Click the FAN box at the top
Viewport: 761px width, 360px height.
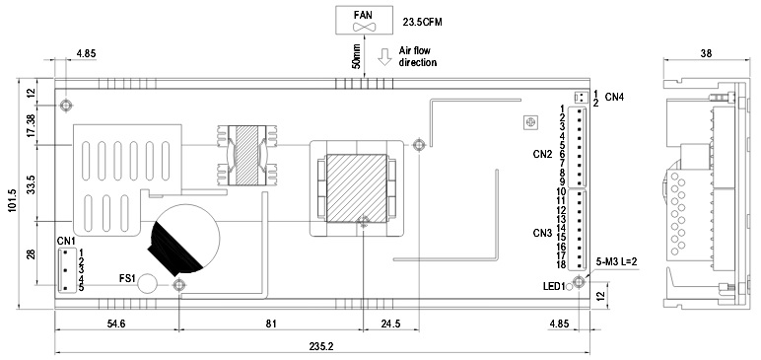(x=365, y=21)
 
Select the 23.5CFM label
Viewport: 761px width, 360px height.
(x=422, y=23)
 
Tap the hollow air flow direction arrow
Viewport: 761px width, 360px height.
(x=384, y=57)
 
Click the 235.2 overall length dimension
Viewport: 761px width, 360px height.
(x=321, y=346)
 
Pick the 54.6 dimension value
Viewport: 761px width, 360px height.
(x=116, y=324)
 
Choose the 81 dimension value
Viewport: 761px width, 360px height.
(x=271, y=324)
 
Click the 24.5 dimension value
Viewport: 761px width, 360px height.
(x=391, y=324)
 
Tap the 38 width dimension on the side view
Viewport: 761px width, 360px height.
(x=706, y=53)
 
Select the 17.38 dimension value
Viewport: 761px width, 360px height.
(x=32, y=125)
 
